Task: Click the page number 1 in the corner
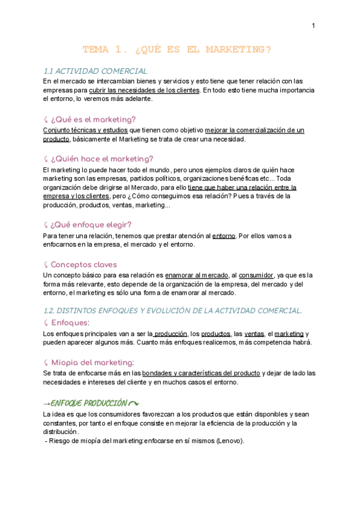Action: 313,25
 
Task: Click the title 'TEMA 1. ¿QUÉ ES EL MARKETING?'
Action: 177,50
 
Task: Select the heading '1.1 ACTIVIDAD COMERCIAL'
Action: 95,71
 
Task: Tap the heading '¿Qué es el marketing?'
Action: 94,119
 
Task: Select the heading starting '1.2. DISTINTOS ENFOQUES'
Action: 173,310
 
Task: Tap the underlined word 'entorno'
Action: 224,236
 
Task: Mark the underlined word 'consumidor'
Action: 257,276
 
